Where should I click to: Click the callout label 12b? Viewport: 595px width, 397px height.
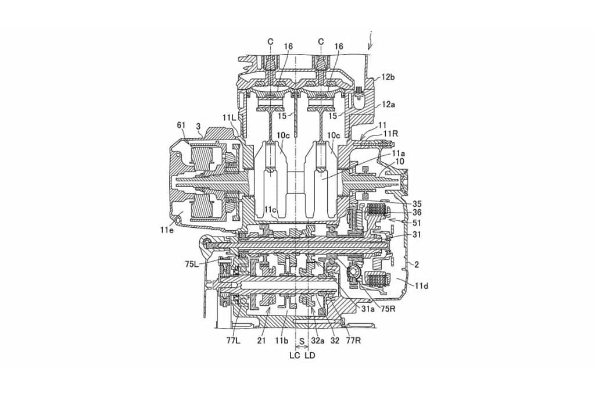(x=388, y=77)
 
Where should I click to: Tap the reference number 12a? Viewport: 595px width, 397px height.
(x=388, y=105)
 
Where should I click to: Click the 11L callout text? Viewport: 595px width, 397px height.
(x=230, y=117)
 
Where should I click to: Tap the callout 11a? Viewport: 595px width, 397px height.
(x=390, y=153)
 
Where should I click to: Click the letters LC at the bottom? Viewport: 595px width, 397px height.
(x=295, y=355)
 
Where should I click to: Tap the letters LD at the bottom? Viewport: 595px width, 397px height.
(x=310, y=355)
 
